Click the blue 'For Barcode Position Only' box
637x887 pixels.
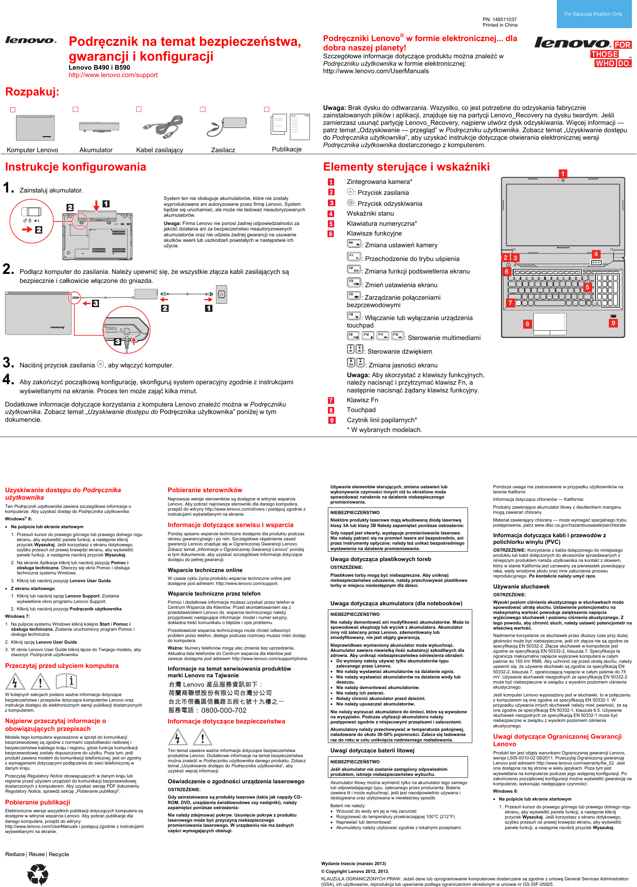coord(594,14)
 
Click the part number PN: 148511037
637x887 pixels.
coord(500,19)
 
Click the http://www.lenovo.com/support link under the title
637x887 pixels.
coord(113,75)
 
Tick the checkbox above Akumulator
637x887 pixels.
coord(76,110)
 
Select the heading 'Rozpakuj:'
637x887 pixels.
coord(32,92)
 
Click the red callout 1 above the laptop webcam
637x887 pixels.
coord(563,174)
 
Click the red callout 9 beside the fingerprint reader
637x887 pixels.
coord(613,323)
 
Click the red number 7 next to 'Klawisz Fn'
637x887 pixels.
coord(331,400)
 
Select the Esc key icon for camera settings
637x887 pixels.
coord(354,244)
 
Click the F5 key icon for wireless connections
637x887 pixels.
coord(354,295)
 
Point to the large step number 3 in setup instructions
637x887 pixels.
coord(8,362)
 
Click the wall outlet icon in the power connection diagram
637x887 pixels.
coord(221,294)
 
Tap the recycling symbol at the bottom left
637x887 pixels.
coord(38,874)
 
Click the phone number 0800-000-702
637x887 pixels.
coord(224,710)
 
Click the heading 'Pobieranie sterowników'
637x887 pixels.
coord(205,490)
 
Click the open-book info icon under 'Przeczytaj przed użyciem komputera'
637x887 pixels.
coord(66,681)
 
